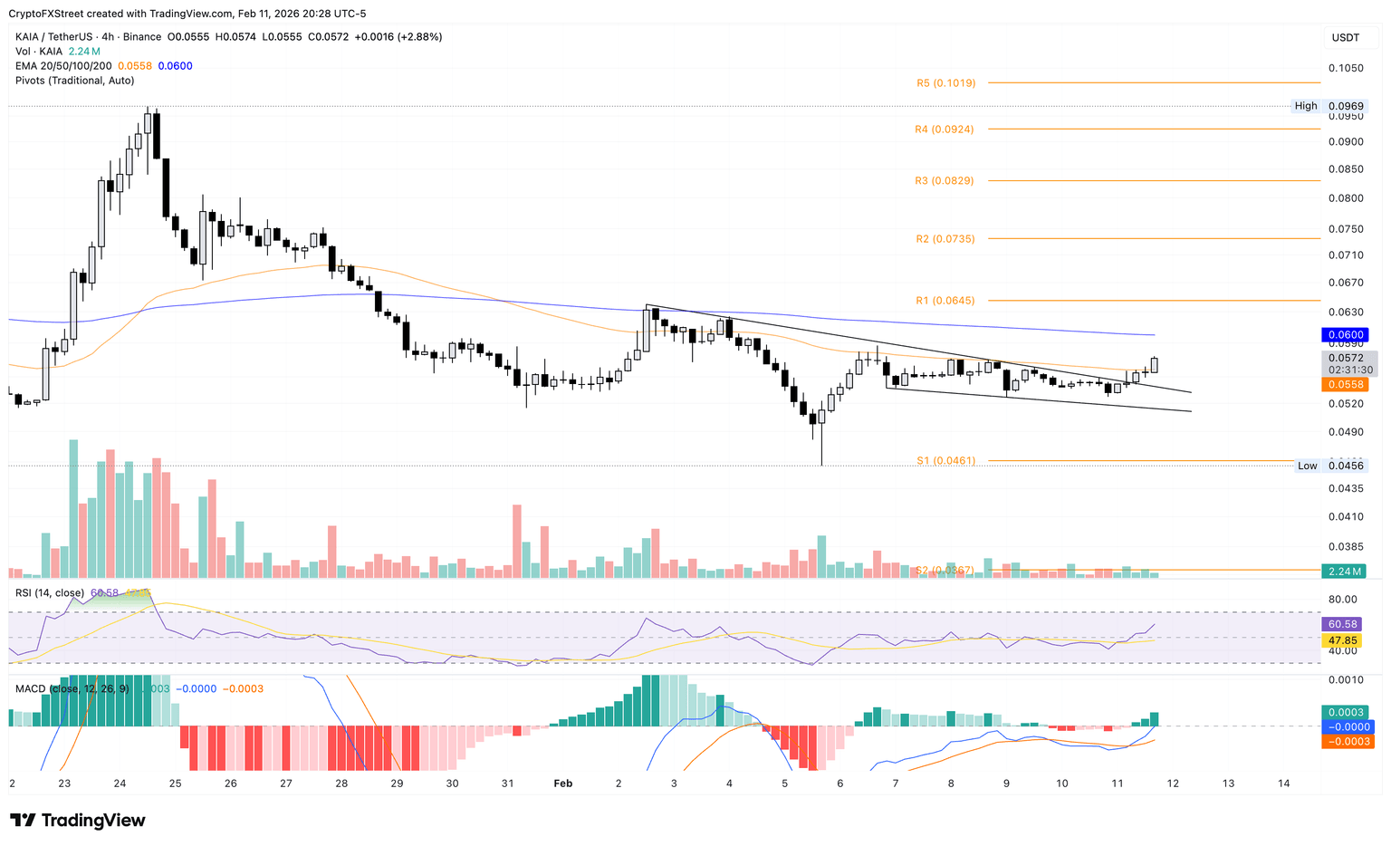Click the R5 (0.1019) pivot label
coord(945,83)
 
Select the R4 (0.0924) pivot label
coord(944,130)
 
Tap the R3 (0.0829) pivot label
coord(944,181)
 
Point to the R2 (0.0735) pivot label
coord(945,239)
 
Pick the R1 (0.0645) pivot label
coord(945,301)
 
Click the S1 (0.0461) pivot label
coord(945,461)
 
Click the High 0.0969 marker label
coord(1306,106)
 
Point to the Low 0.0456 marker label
coord(1308,466)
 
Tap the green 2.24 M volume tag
coord(1346,572)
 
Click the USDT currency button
coord(1346,37)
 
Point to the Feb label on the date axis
coord(562,784)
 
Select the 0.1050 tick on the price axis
coord(1346,69)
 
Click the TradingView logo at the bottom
coord(78,821)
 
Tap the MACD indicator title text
coord(30,688)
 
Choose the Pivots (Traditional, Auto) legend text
coord(74,81)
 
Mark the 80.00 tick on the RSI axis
coord(1342,599)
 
